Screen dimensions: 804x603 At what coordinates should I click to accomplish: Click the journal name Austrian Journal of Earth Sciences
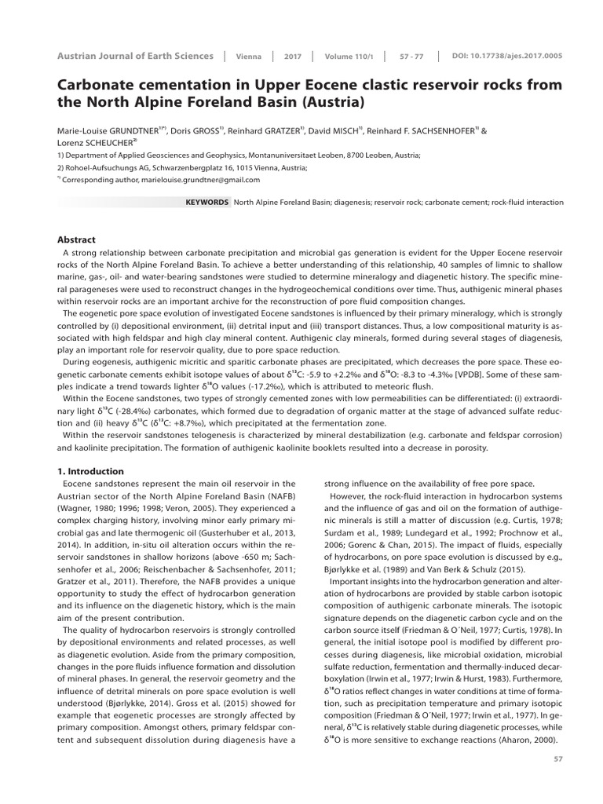135,56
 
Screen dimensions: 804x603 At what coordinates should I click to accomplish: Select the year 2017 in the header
293,57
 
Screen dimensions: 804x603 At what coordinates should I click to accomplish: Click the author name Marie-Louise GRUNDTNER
108,130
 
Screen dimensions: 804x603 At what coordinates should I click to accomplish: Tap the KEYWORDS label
206,202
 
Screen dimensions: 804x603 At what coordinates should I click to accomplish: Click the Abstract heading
77,239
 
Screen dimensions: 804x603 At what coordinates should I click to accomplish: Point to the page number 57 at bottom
558,758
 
